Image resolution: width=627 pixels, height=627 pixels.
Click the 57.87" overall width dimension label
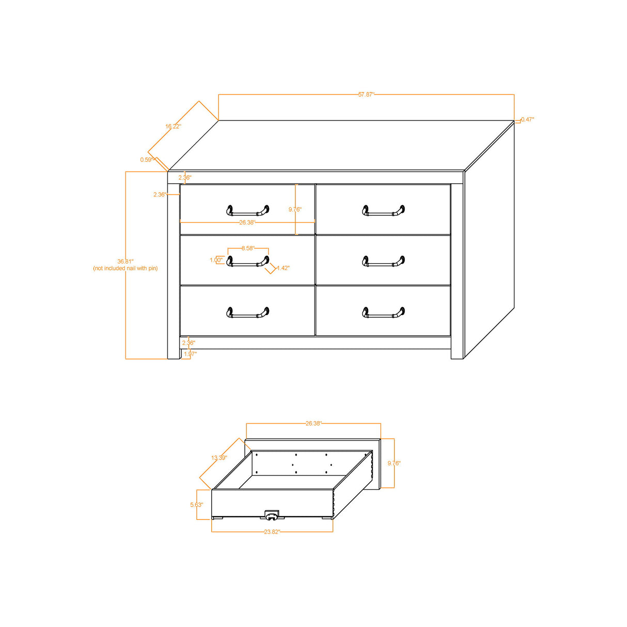click(366, 95)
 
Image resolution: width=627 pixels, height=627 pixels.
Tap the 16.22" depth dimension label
click(173, 127)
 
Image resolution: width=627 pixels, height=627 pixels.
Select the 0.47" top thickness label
click(527, 119)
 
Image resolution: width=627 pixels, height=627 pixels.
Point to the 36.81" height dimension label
click(125, 261)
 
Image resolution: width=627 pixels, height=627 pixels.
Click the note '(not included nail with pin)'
click(126, 269)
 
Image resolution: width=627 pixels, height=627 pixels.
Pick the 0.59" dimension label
click(147, 160)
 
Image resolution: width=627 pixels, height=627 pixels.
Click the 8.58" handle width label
click(248, 248)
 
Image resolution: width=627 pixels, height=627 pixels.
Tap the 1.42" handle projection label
click(283, 268)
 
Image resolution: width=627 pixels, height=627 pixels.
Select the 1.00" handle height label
click(216, 260)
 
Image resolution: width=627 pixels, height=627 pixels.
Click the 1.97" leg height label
click(190, 354)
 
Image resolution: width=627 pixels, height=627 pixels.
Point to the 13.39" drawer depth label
click(219, 458)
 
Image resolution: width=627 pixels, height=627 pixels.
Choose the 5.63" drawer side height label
click(196, 505)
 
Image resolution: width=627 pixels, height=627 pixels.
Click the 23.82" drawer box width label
click(272, 531)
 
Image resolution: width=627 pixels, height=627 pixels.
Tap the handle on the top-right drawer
click(383, 211)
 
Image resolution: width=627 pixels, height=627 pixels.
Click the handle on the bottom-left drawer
click(248, 312)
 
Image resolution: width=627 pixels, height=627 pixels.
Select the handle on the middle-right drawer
click(383, 262)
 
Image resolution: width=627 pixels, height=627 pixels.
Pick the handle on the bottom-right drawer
click(383, 312)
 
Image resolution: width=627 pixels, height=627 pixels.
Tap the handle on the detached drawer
click(272, 515)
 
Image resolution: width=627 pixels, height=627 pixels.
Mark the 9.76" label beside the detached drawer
click(394, 463)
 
